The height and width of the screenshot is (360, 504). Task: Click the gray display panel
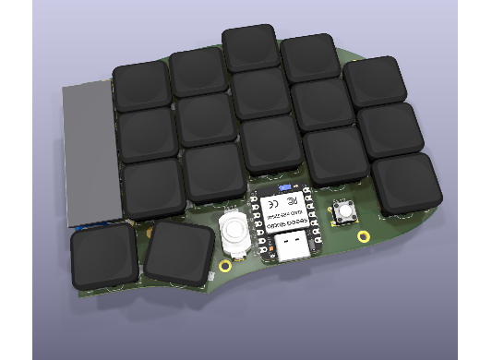[x=91, y=152]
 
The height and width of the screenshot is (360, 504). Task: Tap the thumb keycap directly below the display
[x=104, y=257]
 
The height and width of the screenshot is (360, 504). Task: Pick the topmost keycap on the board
[x=250, y=48]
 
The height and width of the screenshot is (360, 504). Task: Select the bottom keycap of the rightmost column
[x=405, y=182]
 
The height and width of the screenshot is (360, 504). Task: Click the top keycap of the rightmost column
[x=375, y=80]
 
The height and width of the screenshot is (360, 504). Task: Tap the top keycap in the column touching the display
[x=141, y=86]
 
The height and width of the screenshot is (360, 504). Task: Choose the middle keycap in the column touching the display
[x=148, y=134]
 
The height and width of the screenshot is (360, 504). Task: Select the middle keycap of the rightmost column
[x=390, y=128]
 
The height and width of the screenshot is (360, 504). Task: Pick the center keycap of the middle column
[x=261, y=93]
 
